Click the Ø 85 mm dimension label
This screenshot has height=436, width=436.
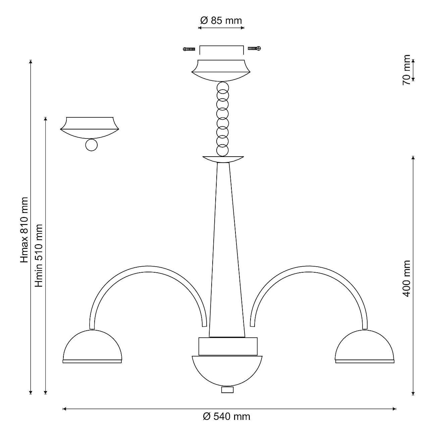click(x=221, y=20)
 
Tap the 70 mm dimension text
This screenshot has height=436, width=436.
click(x=406, y=70)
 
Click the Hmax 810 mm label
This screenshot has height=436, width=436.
click(x=24, y=230)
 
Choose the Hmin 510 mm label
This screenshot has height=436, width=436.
click(x=39, y=256)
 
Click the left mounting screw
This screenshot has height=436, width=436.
click(x=189, y=49)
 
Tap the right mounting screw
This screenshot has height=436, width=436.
click(x=255, y=48)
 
